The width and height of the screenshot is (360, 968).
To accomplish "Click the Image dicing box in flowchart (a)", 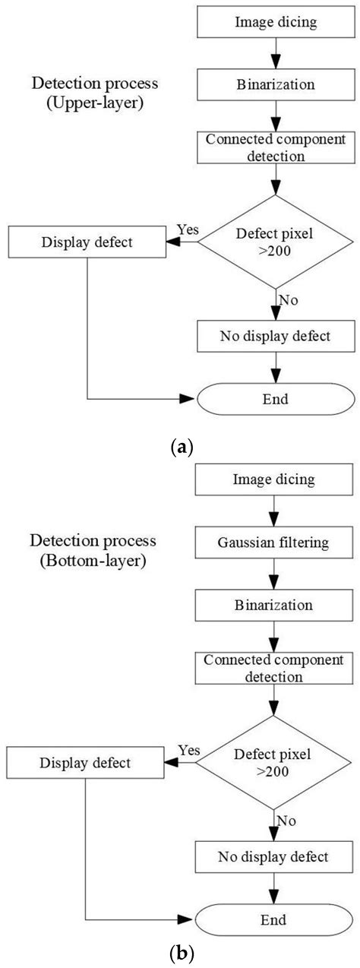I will tap(275, 21).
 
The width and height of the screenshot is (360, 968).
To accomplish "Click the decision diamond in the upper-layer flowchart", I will tap(275, 242).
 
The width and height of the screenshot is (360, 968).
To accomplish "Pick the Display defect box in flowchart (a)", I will tap(89, 243).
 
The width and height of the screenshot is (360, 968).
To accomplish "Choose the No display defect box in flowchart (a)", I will tap(275, 335).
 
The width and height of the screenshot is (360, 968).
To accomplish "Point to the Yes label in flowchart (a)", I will tap(187, 229).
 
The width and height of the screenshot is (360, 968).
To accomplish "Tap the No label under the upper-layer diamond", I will tap(287, 299).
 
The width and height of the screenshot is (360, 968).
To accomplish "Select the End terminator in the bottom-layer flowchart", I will tap(275, 919).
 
